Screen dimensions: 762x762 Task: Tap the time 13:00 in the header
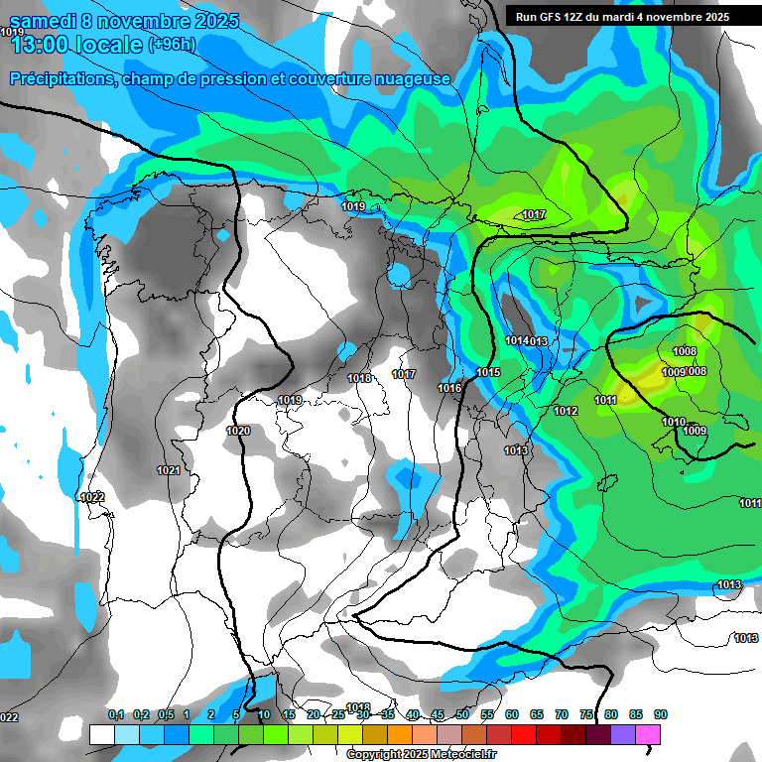pyautogui.click(x=43, y=44)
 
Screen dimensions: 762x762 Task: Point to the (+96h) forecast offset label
pyautogui.click(x=173, y=44)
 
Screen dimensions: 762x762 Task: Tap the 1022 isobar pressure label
pyautogui.click(x=92, y=497)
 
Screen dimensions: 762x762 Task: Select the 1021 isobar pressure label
pyautogui.click(x=169, y=470)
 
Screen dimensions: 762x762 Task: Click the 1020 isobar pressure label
pyautogui.click(x=238, y=431)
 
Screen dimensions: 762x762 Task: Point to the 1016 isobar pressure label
pyautogui.click(x=449, y=388)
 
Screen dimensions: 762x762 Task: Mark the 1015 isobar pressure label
pyautogui.click(x=488, y=372)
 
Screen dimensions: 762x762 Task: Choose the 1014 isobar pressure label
pyautogui.click(x=516, y=341)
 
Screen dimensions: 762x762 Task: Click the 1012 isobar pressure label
pyautogui.click(x=566, y=411)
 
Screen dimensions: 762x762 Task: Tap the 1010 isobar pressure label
pyautogui.click(x=673, y=422)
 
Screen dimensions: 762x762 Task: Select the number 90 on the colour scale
pyautogui.click(x=661, y=714)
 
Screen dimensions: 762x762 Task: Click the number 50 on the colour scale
pyautogui.click(x=462, y=714)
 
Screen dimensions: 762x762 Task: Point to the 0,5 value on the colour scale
pyautogui.click(x=165, y=714)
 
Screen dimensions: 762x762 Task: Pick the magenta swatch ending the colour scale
pyautogui.click(x=648, y=734)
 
